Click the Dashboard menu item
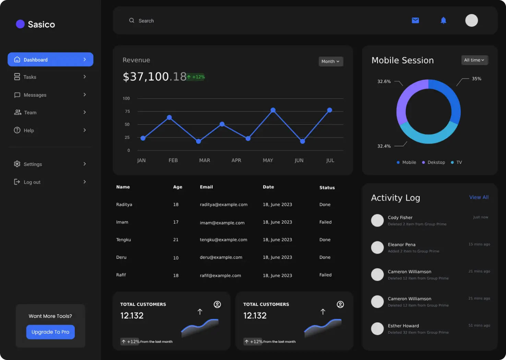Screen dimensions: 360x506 point(50,60)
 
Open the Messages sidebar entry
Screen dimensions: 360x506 point(35,95)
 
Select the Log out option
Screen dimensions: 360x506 point(32,182)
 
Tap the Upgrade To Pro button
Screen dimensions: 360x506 point(50,332)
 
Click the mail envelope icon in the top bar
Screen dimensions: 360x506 point(415,21)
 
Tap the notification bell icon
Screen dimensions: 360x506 point(443,21)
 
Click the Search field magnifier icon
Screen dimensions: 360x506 point(132,21)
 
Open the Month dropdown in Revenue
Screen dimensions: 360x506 point(330,61)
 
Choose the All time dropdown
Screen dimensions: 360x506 point(474,60)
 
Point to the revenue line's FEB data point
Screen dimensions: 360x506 point(169,118)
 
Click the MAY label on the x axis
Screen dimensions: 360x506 point(268,160)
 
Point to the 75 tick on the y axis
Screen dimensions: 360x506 point(128,111)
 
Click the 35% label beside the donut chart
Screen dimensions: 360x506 point(477,79)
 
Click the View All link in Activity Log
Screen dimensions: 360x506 point(479,197)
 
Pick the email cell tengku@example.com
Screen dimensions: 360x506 point(224,240)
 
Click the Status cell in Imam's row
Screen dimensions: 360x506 point(325,222)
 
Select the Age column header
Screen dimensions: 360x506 point(178,187)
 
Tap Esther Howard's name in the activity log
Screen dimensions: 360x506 point(403,326)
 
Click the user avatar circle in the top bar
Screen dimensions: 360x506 point(471,21)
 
